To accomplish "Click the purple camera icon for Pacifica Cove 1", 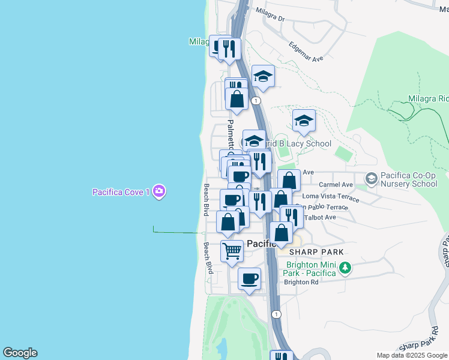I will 159,192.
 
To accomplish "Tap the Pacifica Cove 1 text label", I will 121,192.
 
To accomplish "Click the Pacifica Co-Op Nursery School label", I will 407,179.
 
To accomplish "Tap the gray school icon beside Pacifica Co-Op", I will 371,178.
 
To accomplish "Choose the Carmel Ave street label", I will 336,185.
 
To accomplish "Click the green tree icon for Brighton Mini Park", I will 345,268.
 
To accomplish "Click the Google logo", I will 20,353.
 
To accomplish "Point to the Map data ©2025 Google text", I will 412,355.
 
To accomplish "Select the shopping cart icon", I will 232,250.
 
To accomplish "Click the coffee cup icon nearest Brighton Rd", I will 250,278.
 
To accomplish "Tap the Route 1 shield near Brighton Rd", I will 276,314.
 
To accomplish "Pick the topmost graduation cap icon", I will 263,76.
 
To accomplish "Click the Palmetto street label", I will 229,134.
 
